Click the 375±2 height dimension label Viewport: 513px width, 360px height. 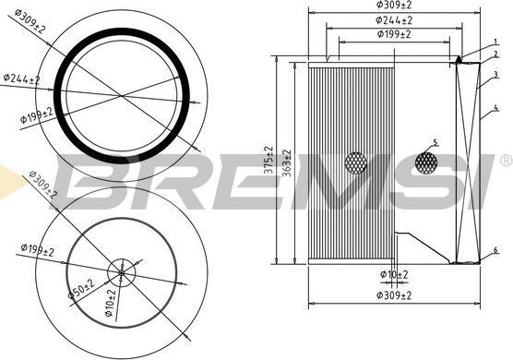coord(268,160)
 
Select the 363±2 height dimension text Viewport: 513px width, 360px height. coord(287,163)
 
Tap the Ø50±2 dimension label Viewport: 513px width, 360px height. coord(81,289)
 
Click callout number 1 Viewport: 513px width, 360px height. coord(495,42)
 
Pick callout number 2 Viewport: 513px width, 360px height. coord(496,54)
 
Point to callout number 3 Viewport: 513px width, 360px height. coord(496,75)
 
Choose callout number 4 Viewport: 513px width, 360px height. coord(496,107)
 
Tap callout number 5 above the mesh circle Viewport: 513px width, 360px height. coord(435,142)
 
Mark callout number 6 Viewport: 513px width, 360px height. coord(495,250)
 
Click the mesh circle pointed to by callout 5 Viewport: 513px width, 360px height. coord(426,162)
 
